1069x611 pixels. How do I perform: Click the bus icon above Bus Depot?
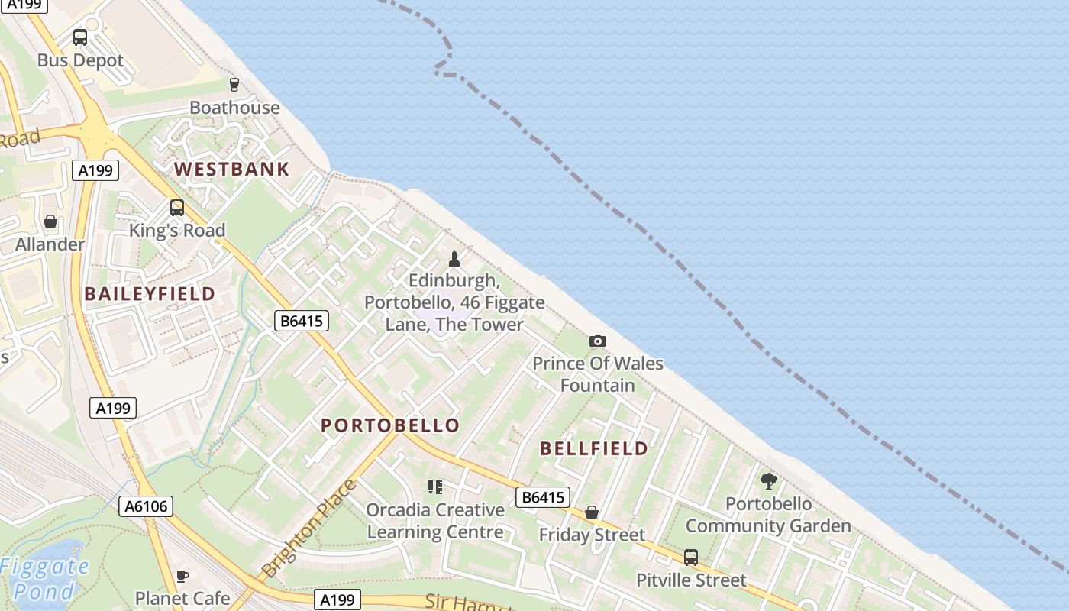pyautogui.click(x=80, y=37)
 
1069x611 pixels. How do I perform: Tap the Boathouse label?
pyautogui.click(x=234, y=108)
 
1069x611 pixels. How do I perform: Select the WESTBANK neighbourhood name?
pyautogui.click(x=232, y=169)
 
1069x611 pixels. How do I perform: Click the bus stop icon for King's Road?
pyautogui.click(x=177, y=207)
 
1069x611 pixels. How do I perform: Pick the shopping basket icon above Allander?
pyautogui.click(x=50, y=221)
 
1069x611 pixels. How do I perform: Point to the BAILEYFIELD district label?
pyautogui.click(x=150, y=293)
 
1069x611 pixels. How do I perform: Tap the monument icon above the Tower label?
pyautogui.click(x=455, y=259)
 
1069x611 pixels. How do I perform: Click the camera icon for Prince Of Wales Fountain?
pyautogui.click(x=598, y=341)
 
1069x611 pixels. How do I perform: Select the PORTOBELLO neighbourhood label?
pyautogui.click(x=390, y=425)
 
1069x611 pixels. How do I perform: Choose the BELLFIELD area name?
pyautogui.click(x=594, y=448)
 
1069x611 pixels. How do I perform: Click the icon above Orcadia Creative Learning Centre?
pyautogui.click(x=435, y=487)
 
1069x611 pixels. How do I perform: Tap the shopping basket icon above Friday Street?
pyautogui.click(x=592, y=512)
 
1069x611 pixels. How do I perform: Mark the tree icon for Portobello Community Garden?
pyautogui.click(x=768, y=480)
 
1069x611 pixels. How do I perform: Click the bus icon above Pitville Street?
pyautogui.click(x=691, y=558)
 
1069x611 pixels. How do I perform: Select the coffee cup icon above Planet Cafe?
pyautogui.click(x=182, y=576)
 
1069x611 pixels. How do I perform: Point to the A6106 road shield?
pyautogui.click(x=146, y=506)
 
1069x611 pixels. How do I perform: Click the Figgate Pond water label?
pyautogui.click(x=44, y=578)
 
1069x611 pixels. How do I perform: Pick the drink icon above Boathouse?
pyautogui.click(x=234, y=84)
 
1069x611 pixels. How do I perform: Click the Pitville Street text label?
pyautogui.click(x=691, y=580)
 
